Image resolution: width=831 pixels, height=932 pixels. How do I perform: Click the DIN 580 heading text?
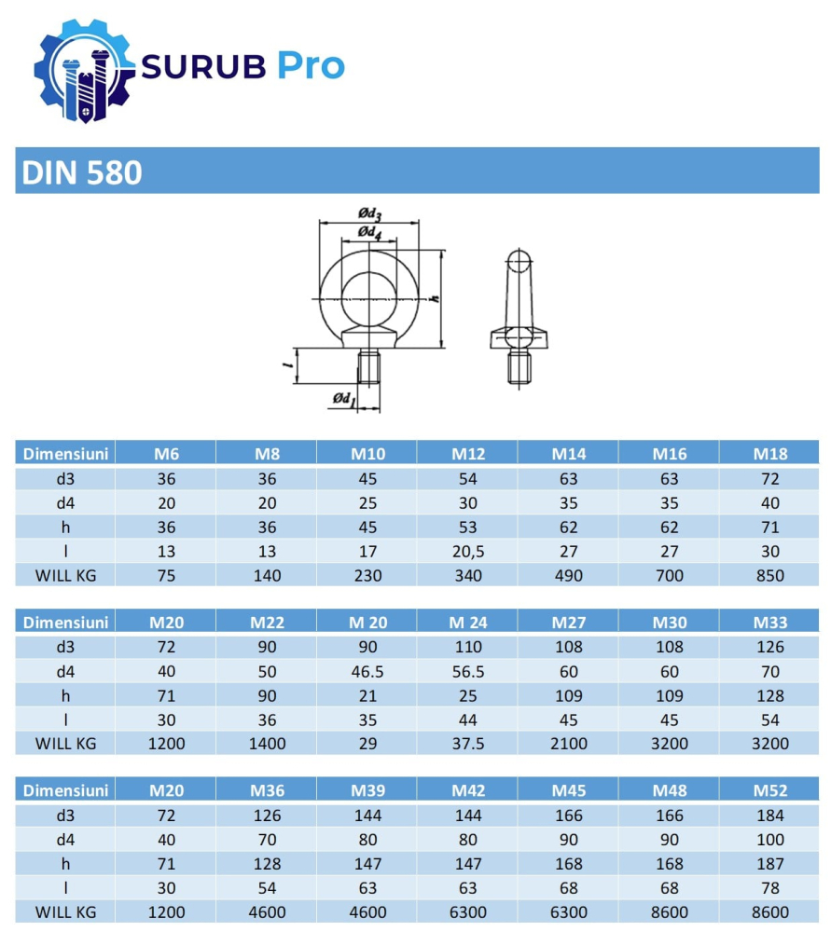[x=81, y=173]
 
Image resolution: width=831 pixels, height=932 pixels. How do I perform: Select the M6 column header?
[x=166, y=454]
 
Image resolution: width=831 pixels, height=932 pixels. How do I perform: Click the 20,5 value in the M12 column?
[x=468, y=551]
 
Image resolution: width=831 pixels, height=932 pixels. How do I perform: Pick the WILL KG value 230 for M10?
[x=367, y=575]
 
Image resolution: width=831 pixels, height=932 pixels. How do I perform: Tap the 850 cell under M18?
[x=770, y=575]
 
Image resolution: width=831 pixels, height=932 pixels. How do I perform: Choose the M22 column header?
[x=267, y=622]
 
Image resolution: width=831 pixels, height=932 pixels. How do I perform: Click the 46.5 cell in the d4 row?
[x=367, y=671]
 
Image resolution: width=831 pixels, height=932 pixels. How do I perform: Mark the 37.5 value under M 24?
[x=468, y=744]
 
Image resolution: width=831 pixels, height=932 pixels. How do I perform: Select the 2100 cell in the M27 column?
[x=569, y=744]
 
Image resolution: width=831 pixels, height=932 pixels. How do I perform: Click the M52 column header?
[x=770, y=790]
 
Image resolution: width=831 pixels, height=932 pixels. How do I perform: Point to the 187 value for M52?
[x=770, y=864]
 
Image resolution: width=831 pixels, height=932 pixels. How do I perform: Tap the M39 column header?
[x=367, y=790]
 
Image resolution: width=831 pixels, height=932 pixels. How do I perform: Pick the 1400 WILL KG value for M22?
[x=267, y=744]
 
